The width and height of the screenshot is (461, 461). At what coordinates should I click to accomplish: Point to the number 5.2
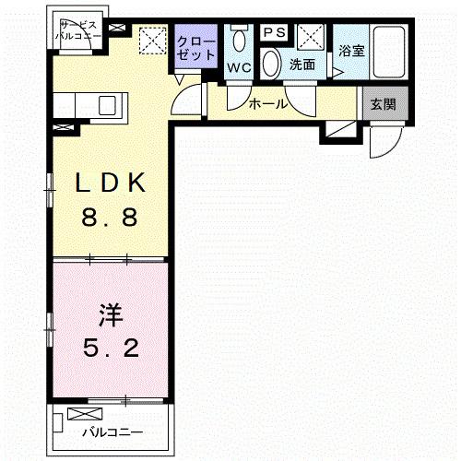pos(109,351)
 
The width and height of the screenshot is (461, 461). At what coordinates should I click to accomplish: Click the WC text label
pos(239,66)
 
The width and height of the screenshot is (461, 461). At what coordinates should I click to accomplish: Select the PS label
pos(273,33)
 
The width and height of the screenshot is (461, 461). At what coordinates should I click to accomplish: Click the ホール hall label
pos(268,104)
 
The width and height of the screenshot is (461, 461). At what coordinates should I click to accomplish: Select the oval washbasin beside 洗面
pos(271,63)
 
